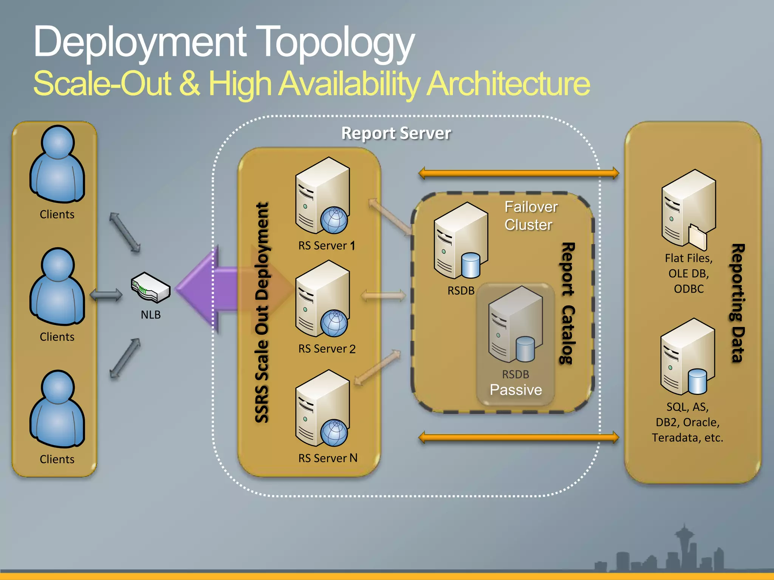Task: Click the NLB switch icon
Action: click(150, 287)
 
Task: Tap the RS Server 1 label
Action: click(327, 246)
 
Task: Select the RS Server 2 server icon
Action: click(322, 299)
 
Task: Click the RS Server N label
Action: click(327, 458)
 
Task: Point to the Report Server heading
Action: click(396, 133)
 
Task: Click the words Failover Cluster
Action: click(531, 216)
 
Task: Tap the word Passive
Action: click(515, 390)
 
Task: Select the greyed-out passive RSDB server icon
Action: click(515, 324)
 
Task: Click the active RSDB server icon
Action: click(461, 241)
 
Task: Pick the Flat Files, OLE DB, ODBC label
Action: click(689, 273)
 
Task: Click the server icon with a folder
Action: click(688, 210)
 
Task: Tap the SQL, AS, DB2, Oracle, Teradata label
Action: click(687, 422)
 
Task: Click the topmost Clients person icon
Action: click(57, 164)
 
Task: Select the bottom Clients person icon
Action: click(57, 409)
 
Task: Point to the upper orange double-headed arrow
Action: click(519, 173)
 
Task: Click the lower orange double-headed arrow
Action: click(519, 438)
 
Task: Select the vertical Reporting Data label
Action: click(738, 303)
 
